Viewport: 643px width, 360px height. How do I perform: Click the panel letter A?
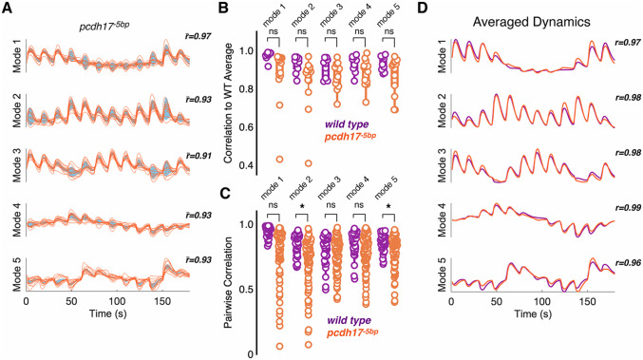pos(7,9)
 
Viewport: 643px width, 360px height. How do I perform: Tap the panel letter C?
pos(225,193)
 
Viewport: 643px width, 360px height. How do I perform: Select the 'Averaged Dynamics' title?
pos(532,22)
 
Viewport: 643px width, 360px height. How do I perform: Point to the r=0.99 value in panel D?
pos(628,208)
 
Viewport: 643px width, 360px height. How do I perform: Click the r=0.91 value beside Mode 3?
pos(199,156)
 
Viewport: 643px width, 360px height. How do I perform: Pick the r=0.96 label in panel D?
pos(628,263)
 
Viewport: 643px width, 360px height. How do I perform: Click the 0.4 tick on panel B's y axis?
pos(246,165)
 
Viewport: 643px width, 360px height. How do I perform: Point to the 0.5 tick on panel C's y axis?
pos(246,289)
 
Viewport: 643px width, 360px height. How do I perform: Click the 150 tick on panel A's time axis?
pos(162,301)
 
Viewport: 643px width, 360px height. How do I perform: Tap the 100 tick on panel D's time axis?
pos(541,302)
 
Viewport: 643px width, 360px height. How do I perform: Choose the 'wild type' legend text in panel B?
pos(347,124)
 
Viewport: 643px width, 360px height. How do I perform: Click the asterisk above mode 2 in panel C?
pos(302,207)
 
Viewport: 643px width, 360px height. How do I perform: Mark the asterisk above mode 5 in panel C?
pos(388,207)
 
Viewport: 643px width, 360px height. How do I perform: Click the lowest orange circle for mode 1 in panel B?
pos(279,159)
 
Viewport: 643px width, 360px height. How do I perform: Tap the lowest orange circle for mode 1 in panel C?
pos(279,347)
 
